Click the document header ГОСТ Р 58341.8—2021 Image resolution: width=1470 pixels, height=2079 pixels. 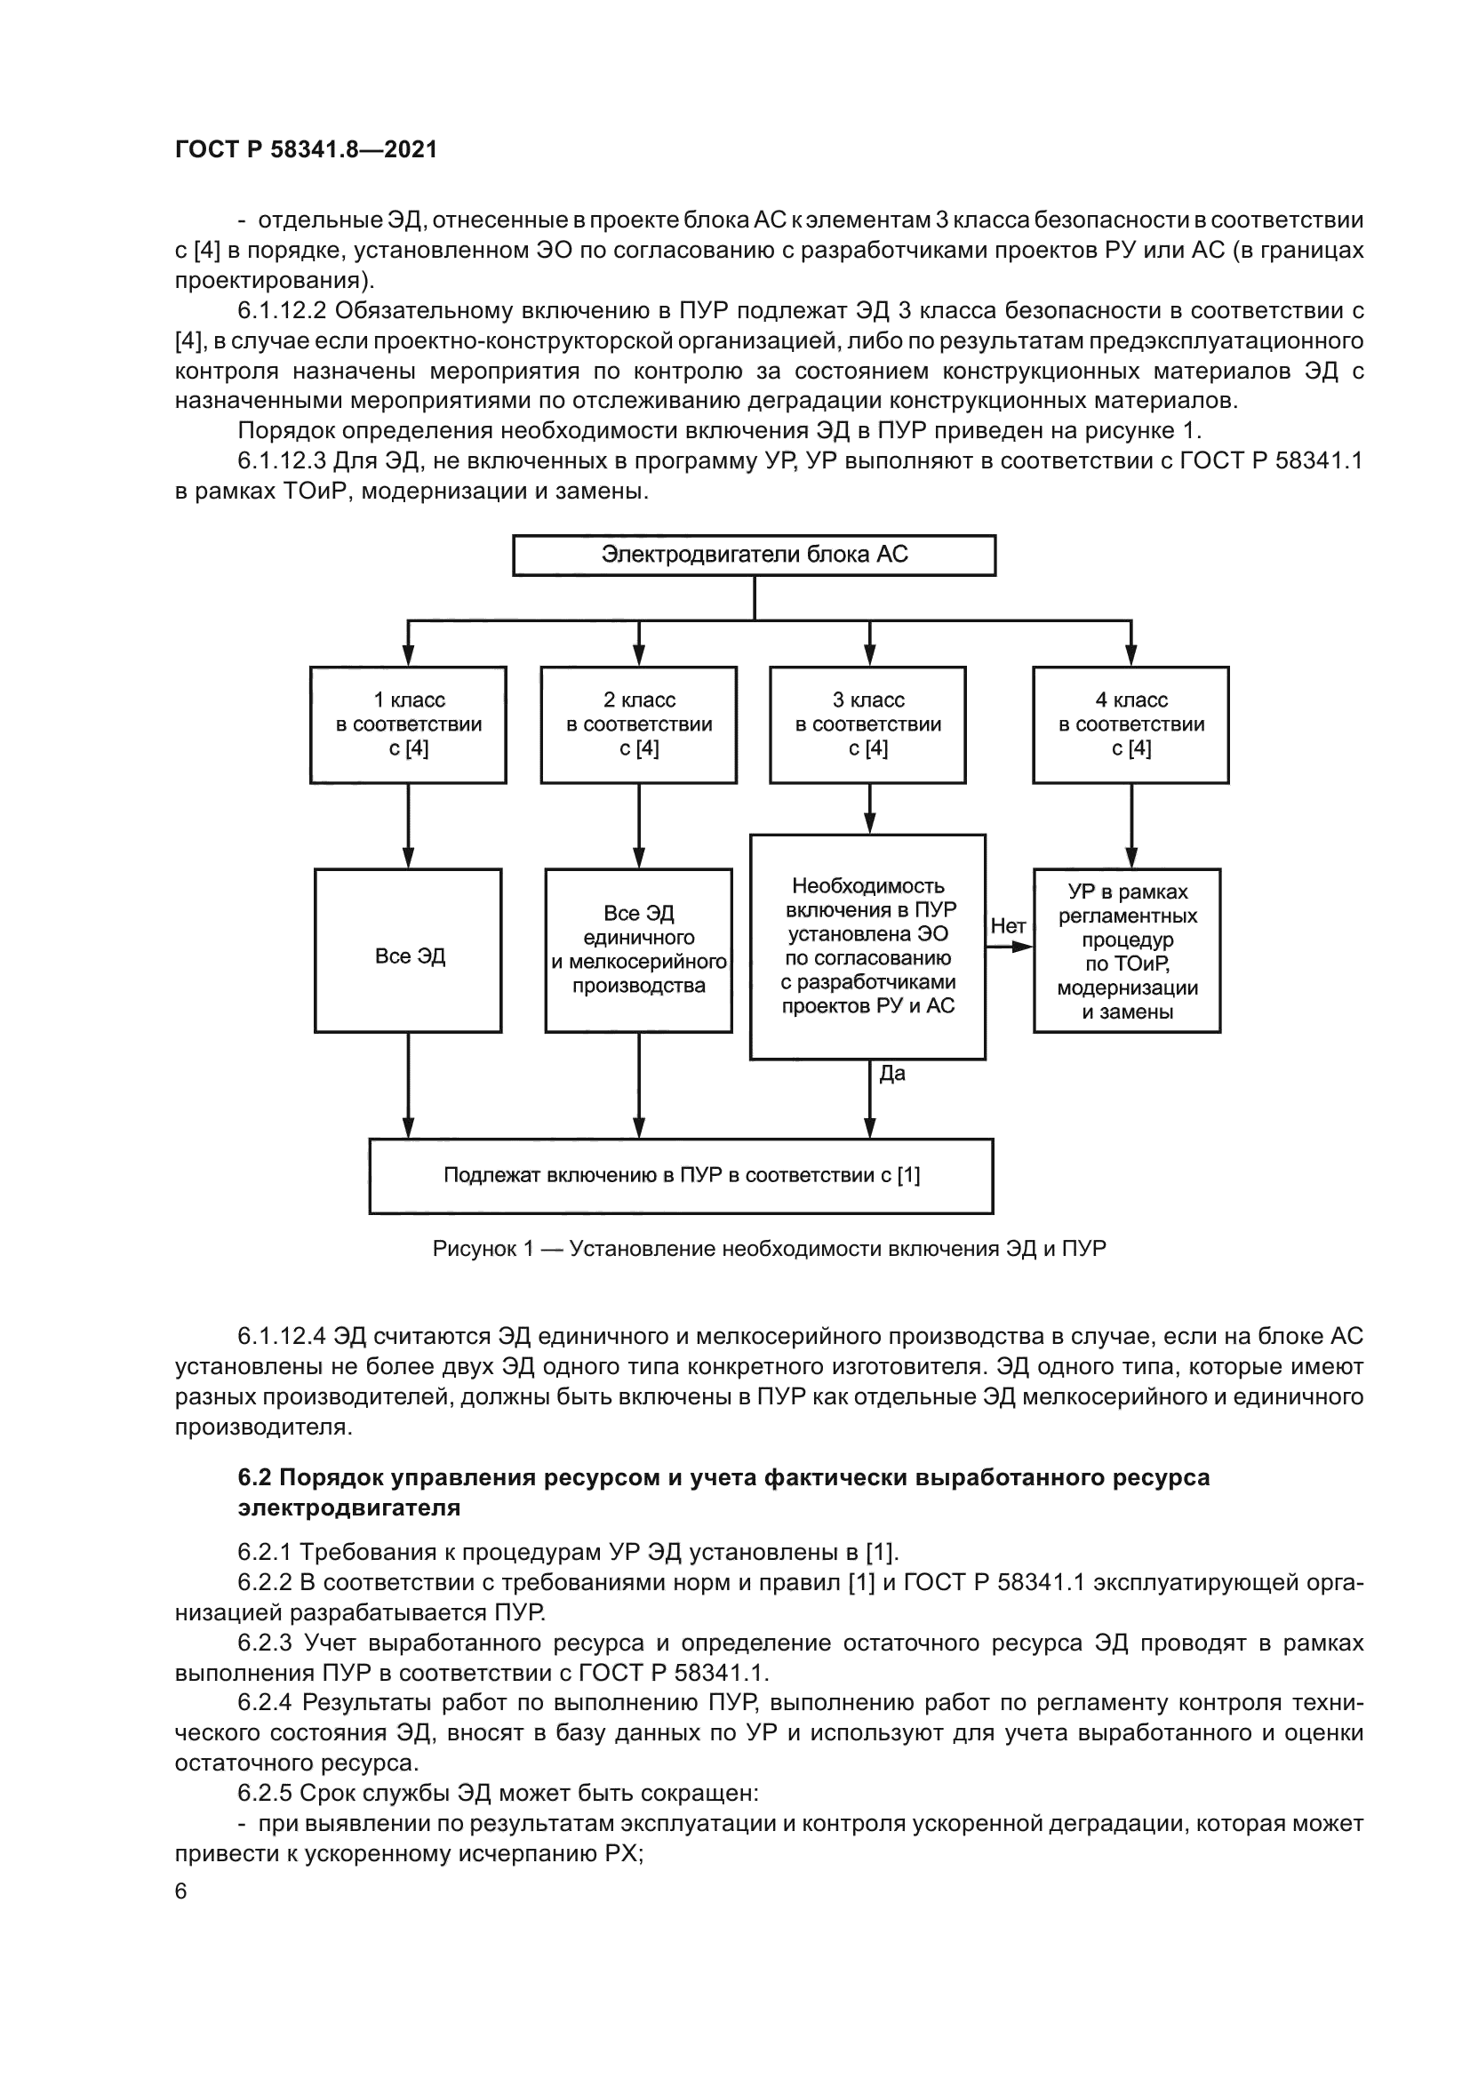pos(306,150)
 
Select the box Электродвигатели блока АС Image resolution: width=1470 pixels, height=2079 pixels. pos(754,555)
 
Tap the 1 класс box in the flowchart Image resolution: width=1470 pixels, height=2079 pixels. pos(408,724)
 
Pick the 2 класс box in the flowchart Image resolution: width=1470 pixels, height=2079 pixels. pos(639,724)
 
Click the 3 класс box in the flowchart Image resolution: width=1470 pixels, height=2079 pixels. pos(868,724)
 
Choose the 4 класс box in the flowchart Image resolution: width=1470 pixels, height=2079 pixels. pos(1130,724)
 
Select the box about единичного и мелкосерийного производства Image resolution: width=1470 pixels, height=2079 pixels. pos(639,950)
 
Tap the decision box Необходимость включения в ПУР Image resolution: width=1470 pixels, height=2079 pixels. pos(867,947)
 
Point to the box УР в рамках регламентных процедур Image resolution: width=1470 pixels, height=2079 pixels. pos(1127,951)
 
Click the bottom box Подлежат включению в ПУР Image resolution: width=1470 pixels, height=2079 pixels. pos(681,1175)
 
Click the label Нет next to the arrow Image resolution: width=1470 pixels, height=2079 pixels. pos(1008,925)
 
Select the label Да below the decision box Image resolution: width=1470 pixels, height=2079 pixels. pos(891,1074)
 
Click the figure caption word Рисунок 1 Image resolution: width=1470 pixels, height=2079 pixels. pos(483,1249)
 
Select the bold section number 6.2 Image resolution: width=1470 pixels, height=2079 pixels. pos(254,1478)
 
